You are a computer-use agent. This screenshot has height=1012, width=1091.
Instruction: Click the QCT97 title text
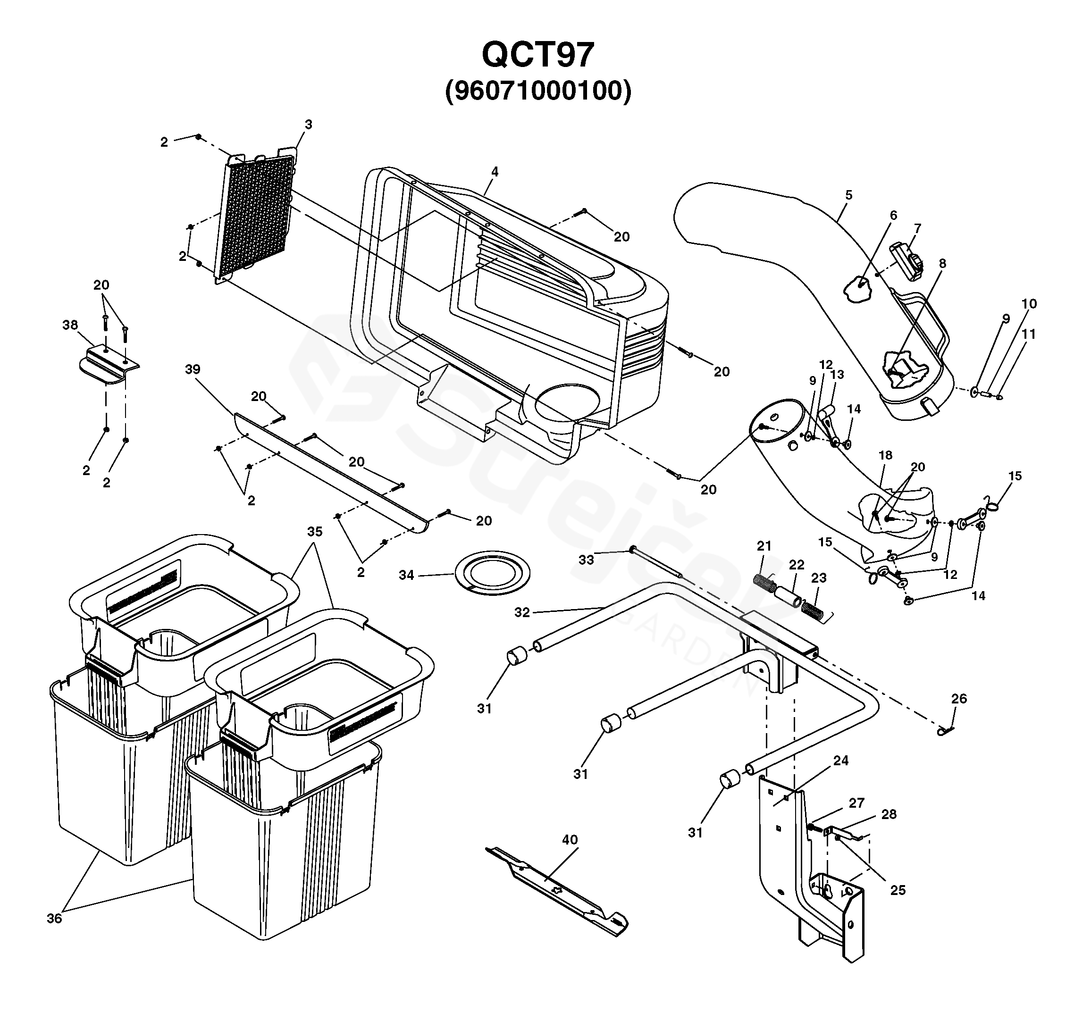[538, 55]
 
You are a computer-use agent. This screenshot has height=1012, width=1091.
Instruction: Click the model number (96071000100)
[538, 91]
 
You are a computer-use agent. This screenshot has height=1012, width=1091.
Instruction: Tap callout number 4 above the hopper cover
[495, 171]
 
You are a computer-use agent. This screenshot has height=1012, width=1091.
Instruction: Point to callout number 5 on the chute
[848, 195]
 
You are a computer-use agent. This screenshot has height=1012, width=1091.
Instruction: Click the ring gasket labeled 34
[492, 574]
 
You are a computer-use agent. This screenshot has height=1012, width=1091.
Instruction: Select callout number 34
[406, 575]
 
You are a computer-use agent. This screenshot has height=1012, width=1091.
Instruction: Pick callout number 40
[570, 839]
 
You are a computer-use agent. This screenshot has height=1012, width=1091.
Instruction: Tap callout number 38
[70, 325]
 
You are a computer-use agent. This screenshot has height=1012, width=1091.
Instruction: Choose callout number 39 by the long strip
[192, 369]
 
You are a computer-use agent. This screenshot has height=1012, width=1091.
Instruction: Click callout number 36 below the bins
[54, 919]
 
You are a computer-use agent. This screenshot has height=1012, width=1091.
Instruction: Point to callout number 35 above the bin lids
[314, 531]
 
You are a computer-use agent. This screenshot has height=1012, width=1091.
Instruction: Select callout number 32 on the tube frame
[522, 612]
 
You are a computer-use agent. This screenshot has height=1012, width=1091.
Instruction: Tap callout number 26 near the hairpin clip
[958, 699]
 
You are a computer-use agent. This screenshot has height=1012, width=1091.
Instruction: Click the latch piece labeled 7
[908, 260]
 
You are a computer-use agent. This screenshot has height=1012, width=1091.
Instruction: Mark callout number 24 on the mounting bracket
[841, 760]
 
